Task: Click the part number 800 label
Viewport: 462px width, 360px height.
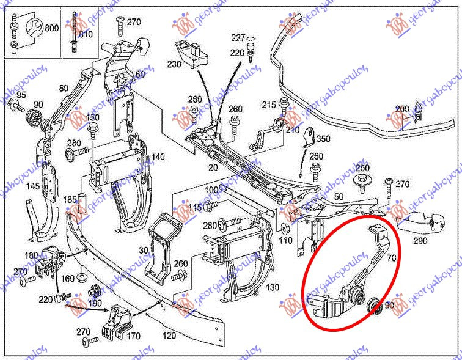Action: pos(51,28)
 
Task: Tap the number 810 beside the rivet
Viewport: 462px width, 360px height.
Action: pos(86,34)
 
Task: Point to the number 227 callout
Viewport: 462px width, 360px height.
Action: pos(238,38)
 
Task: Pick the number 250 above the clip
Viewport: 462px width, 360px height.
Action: pos(363,167)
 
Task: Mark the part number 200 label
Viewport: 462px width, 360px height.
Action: pos(402,109)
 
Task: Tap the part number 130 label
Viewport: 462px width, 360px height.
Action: pos(273,287)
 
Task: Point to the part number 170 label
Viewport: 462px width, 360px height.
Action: pos(133,335)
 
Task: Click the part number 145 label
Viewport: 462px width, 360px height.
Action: pos(33,186)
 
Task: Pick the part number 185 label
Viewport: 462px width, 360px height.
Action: pos(71,199)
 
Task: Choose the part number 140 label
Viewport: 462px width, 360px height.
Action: pos(158,157)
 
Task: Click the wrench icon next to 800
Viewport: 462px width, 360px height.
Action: pos(34,28)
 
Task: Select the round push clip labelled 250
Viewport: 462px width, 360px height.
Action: pos(362,180)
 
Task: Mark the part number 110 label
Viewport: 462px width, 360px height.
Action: pos(285,240)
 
